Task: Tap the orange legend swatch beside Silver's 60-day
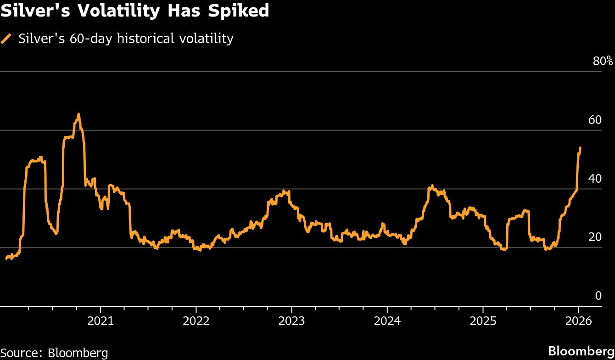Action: [x=6, y=39]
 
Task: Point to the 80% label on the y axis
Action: [x=603, y=61]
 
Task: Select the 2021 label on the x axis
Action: [x=101, y=321]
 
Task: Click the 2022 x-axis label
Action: [x=196, y=321]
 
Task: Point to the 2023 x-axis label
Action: [x=291, y=321]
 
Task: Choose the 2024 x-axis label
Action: [x=387, y=321]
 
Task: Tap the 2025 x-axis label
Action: [x=482, y=321]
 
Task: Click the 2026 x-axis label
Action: [x=578, y=321]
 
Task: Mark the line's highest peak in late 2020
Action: [x=78, y=114]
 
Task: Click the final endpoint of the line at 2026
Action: [x=580, y=148]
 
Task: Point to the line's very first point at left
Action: [x=6, y=259]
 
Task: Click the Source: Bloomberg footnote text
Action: [x=54, y=353]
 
